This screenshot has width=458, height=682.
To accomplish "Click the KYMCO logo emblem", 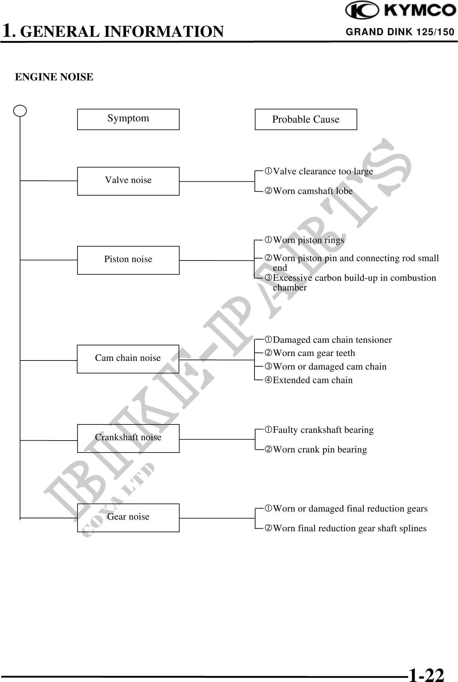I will tap(362, 11).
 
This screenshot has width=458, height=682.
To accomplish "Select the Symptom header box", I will tap(128, 119).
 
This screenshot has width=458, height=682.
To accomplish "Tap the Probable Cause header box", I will tap(306, 119).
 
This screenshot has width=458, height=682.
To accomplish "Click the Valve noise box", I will tap(128, 181).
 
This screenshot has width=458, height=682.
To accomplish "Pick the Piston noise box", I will tap(128, 260).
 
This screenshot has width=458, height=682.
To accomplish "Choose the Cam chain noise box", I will tap(128, 359).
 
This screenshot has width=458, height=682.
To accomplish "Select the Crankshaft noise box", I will tap(128, 438).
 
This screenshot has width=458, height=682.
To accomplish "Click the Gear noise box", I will tap(128, 518).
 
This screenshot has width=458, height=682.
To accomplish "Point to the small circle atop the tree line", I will tap(20, 111).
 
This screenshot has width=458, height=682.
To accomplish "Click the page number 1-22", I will tap(426, 674).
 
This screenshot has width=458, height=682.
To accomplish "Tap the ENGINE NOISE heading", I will tap(54, 77).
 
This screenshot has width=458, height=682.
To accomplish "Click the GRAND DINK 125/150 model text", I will tap(400, 32).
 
